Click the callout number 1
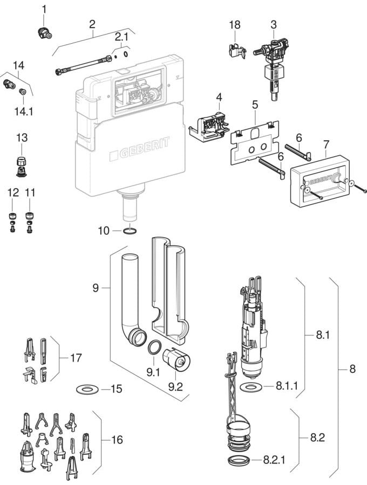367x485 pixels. [x=44, y=9]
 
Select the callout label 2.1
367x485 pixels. [x=122, y=37]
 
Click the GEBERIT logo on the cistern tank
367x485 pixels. [x=139, y=148]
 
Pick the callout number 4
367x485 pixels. [x=219, y=97]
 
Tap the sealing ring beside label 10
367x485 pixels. [x=130, y=232]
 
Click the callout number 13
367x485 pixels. [x=22, y=138]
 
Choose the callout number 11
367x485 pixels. [x=30, y=192]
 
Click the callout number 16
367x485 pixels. [x=116, y=440]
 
